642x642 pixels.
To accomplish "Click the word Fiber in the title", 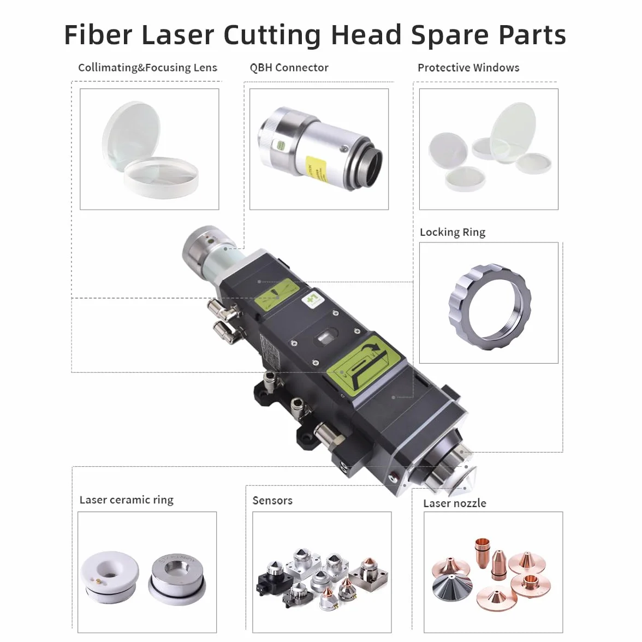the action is pyautogui.click(x=98, y=34).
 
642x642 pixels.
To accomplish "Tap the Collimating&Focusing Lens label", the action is pyautogui.click(x=147, y=68).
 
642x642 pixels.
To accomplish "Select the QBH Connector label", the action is pyautogui.click(x=289, y=68).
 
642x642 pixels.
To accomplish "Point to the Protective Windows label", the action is pyautogui.click(x=468, y=68).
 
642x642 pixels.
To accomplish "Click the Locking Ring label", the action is pyautogui.click(x=453, y=232).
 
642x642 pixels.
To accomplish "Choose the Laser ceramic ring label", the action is pyautogui.click(x=127, y=500).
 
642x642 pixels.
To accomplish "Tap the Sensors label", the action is pyautogui.click(x=272, y=500).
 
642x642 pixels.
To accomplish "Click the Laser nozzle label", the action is pyautogui.click(x=454, y=503).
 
